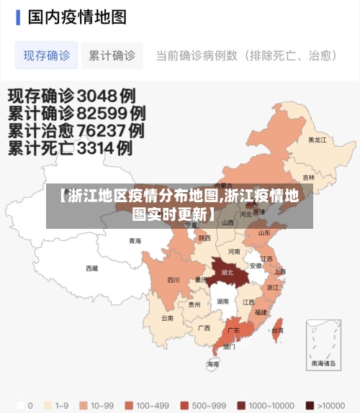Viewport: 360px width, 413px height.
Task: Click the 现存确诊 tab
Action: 47,55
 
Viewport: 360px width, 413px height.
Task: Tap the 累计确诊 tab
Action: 112,55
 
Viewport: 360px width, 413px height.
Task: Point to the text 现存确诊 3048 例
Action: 71,95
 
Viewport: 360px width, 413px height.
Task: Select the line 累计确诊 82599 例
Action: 76,113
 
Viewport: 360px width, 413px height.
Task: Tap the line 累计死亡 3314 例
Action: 70,149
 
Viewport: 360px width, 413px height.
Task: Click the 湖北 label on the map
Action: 227,273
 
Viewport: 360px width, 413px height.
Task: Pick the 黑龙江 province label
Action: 317,140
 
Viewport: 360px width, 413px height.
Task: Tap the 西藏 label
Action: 92,268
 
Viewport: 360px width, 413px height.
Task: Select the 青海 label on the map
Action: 135,240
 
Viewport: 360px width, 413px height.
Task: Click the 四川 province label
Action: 174,280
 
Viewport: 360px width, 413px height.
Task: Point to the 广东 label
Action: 233,330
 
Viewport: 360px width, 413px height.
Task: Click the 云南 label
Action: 167,317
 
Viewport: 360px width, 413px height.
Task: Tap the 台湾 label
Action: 276,330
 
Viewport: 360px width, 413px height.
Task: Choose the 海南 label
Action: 213,365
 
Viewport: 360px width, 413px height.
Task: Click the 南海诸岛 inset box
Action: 323,345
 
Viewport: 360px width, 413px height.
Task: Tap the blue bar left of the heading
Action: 17,17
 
